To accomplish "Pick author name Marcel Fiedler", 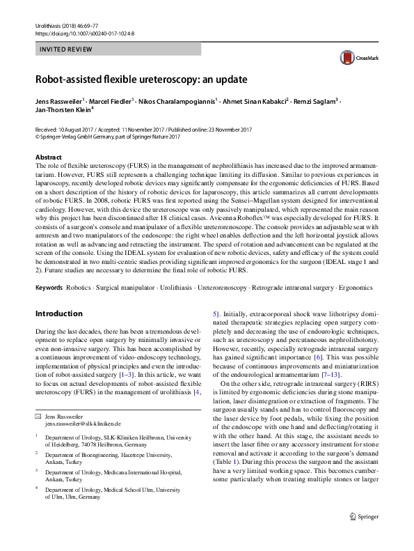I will [113, 101].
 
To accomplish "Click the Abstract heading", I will [48, 157].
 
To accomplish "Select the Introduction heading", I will [58, 314].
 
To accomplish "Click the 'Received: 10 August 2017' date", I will [67, 130].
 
